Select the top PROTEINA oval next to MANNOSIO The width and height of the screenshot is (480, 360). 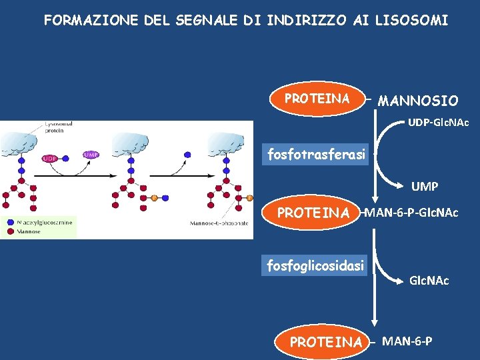(317, 99)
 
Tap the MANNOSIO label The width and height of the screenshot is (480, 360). (418, 101)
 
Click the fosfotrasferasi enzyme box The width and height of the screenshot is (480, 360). (316, 155)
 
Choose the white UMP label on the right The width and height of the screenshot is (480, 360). (425, 187)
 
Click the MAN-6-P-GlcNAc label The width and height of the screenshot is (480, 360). (410, 213)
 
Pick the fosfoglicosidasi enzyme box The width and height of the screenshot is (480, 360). (316, 265)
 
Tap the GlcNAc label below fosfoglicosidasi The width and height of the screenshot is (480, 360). (429, 281)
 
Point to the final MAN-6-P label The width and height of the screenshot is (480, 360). (407, 341)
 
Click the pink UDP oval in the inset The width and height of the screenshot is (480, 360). (49, 158)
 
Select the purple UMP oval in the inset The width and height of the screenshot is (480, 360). (91, 154)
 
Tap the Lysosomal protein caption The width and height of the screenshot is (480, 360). (59, 127)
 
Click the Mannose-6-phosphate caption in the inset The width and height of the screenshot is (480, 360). (219, 223)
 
